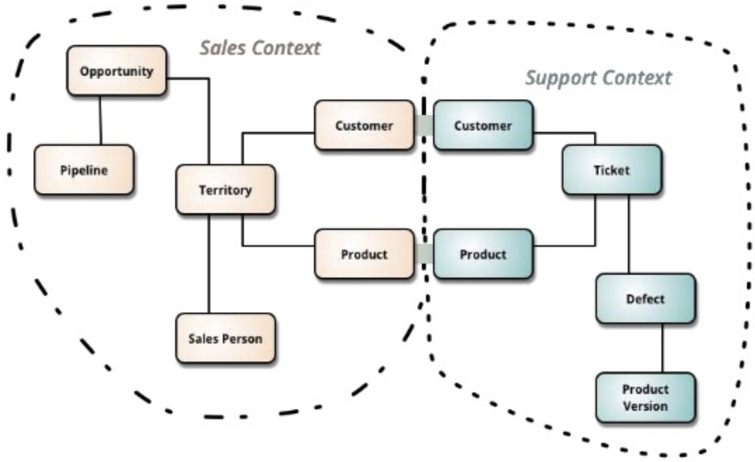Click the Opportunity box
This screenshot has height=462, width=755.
[x=116, y=71]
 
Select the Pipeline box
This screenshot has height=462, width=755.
[x=84, y=170]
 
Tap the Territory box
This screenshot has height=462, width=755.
[x=226, y=190]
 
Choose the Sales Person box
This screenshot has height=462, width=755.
[x=226, y=338]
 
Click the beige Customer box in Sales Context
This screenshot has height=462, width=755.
[x=364, y=125]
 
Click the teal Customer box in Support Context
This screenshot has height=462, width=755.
[x=483, y=125]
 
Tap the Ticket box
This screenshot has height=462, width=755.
[x=612, y=170]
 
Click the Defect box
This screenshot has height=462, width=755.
[x=645, y=299]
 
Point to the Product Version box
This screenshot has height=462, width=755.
[x=645, y=398]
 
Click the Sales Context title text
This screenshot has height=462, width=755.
[x=260, y=48]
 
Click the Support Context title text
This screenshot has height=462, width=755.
[x=598, y=78]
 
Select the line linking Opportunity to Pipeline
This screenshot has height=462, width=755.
[x=100, y=120]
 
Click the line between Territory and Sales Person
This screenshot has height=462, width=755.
[x=209, y=264]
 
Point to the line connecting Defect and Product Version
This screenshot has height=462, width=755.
[x=662, y=348]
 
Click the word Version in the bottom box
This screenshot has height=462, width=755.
[x=645, y=406]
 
